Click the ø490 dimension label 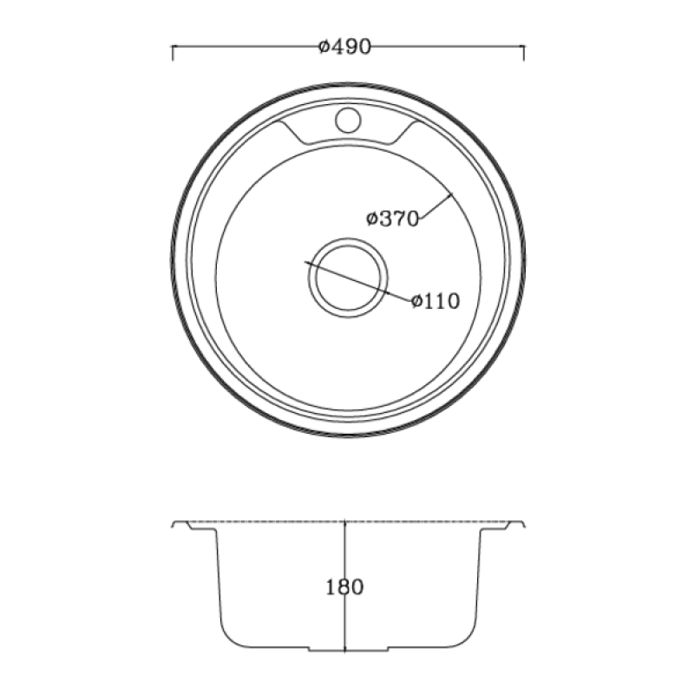coord(344,47)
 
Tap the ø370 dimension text coord(393,219)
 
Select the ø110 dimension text coord(435,301)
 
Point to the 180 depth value coord(344,587)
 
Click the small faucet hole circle coord(348,120)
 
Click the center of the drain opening coord(348,278)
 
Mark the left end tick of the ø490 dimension coord(173,52)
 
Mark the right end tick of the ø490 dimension coord(524,52)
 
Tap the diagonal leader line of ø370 coord(437,206)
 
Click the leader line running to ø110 coord(358,281)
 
